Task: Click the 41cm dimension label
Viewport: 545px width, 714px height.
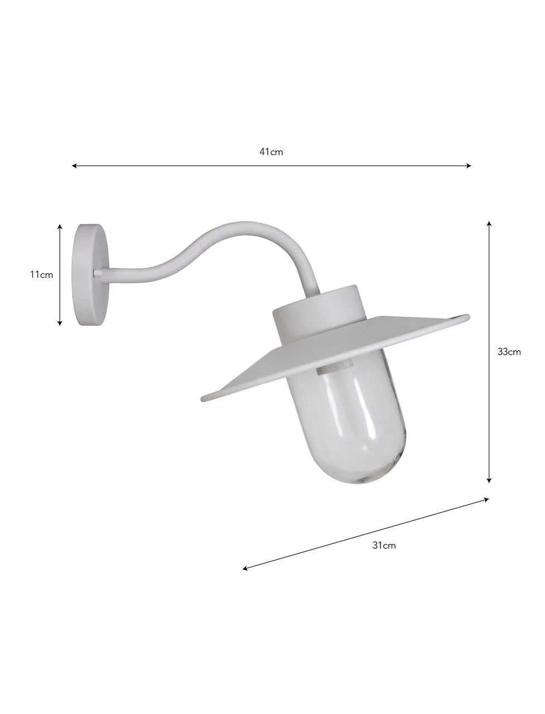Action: tap(271, 152)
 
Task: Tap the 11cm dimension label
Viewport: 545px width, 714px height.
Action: tap(42, 274)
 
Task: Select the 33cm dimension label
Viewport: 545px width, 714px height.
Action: tap(509, 351)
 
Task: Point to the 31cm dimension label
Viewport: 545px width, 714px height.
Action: tap(384, 546)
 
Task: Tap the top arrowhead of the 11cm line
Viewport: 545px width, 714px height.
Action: tap(60, 226)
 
